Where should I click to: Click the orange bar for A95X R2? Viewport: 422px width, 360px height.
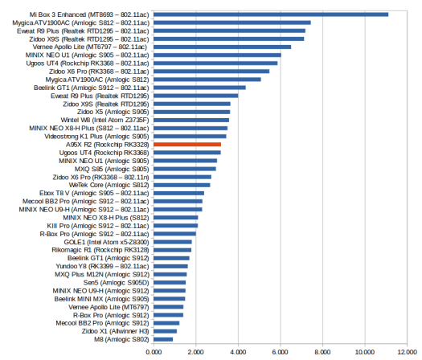(x=187, y=145)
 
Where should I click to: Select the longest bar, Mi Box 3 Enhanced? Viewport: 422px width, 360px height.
(x=271, y=14)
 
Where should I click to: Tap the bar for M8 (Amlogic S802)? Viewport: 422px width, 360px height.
(x=163, y=339)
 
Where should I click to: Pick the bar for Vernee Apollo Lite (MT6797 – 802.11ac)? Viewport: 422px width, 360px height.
(x=223, y=47)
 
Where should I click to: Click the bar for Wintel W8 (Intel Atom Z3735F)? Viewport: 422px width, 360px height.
(x=191, y=120)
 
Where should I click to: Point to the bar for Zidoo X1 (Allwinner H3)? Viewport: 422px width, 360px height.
(x=166, y=331)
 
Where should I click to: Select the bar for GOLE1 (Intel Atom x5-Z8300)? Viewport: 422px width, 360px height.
(x=173, y=242)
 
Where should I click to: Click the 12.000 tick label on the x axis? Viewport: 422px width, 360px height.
(x=408, y=352)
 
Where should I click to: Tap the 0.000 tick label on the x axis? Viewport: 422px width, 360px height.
(x=154, y=352)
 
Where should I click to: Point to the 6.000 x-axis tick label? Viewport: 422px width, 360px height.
(x=281, y=352)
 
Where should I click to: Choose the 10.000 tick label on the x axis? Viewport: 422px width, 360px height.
(x=365, y=352)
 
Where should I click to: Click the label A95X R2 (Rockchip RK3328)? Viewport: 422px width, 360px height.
(x=108, y=145)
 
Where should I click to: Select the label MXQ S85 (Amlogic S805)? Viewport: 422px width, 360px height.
(x=112, y=169)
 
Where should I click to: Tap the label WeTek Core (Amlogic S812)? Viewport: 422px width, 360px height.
(x=109, y=185)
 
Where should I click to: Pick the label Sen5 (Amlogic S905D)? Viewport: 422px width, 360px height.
(x=116, y=283)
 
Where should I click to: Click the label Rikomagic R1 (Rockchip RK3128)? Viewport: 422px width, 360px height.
(x=100, y=250)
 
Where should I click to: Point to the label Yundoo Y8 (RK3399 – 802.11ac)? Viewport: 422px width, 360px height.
(x=102, y=266)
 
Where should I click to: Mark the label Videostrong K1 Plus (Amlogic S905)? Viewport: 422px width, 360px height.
(x=96, y=137)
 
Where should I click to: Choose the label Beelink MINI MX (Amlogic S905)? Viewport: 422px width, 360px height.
(x=102, y=299)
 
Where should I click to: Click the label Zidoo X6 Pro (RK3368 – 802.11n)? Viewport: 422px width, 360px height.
(x=101, y=177)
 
